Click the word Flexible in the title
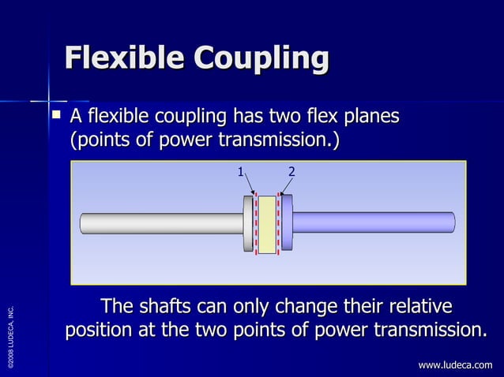click(122, 58)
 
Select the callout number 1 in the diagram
click(240, 171)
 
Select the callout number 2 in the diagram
click(291, 171)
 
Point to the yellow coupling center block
click(267, 225)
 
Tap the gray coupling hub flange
click(248, 225)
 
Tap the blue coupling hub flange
click(287, 224)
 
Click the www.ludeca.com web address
click(455, 364)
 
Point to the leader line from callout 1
click(248, 183)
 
